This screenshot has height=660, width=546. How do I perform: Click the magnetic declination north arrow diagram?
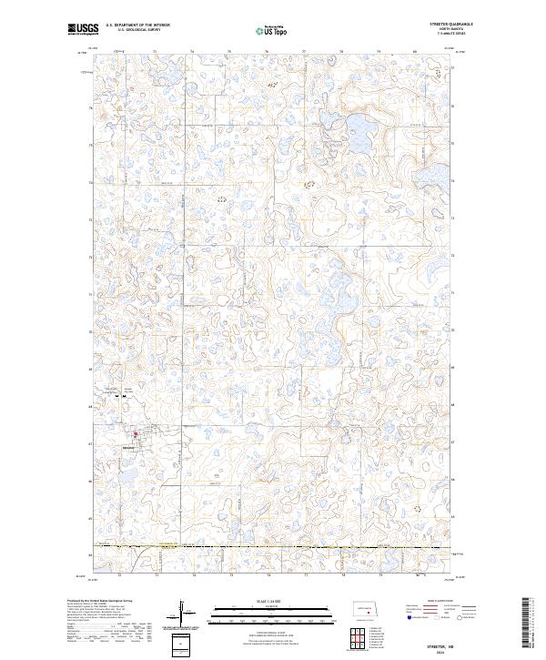180,613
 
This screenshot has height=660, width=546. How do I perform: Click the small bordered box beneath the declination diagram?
180,645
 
